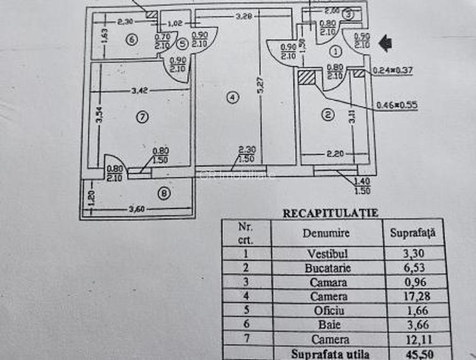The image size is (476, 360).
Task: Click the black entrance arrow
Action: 386,43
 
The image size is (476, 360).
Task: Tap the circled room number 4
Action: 233,97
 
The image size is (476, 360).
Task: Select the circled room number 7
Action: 142,116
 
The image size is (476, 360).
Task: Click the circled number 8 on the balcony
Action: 165,194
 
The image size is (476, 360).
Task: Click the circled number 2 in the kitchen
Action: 327,115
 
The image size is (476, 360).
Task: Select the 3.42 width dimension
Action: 140,91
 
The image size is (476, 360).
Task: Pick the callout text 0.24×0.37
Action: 394,72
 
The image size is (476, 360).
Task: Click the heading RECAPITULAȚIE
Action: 330,213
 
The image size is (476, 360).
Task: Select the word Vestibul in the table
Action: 326,253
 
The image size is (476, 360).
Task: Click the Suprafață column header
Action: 412,233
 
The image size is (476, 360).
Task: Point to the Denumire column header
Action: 326,233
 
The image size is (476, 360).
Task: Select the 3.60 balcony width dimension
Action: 137,209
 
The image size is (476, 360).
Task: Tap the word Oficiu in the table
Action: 326,311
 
